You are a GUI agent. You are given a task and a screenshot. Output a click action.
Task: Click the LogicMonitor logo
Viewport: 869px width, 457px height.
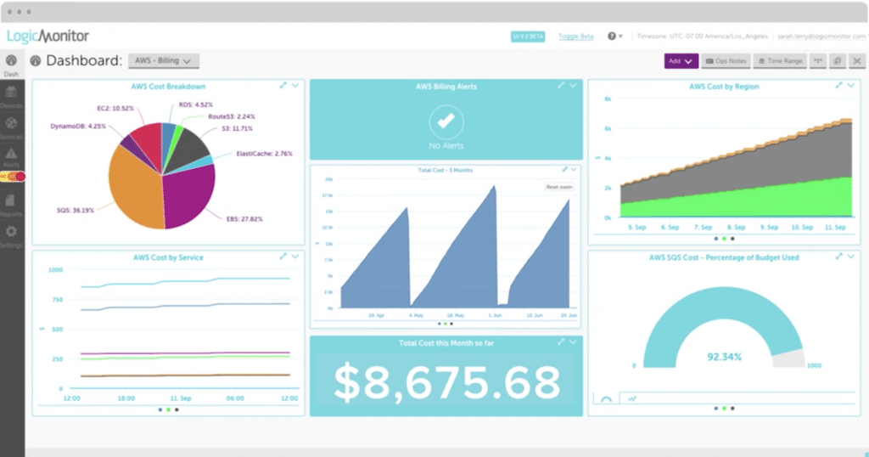pos(48,37)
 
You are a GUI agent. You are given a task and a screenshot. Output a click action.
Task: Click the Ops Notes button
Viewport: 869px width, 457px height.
pos(726,61)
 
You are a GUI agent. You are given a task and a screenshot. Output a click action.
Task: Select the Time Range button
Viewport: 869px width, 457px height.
pos(780,61)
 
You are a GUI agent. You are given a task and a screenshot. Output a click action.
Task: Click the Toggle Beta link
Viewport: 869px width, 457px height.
pos(575,37)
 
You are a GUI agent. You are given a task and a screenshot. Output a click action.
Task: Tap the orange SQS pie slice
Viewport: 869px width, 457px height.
pos(136,191)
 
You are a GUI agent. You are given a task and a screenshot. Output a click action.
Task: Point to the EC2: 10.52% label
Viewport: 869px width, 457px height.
pos(115,109)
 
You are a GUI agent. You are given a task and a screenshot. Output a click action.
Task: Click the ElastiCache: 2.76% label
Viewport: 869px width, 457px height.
pos(264,154)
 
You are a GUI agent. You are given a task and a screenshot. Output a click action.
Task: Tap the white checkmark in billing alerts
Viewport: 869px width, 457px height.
pos(446,121)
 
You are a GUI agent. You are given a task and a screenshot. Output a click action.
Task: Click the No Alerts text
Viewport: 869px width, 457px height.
pos(446,147)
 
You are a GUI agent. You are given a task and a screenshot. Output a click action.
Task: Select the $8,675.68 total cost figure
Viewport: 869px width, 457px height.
pos(446,381)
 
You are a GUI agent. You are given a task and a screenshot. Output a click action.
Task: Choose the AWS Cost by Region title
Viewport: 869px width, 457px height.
pos(724,87)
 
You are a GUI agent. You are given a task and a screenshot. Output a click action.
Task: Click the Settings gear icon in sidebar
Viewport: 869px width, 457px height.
pos(12,232)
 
